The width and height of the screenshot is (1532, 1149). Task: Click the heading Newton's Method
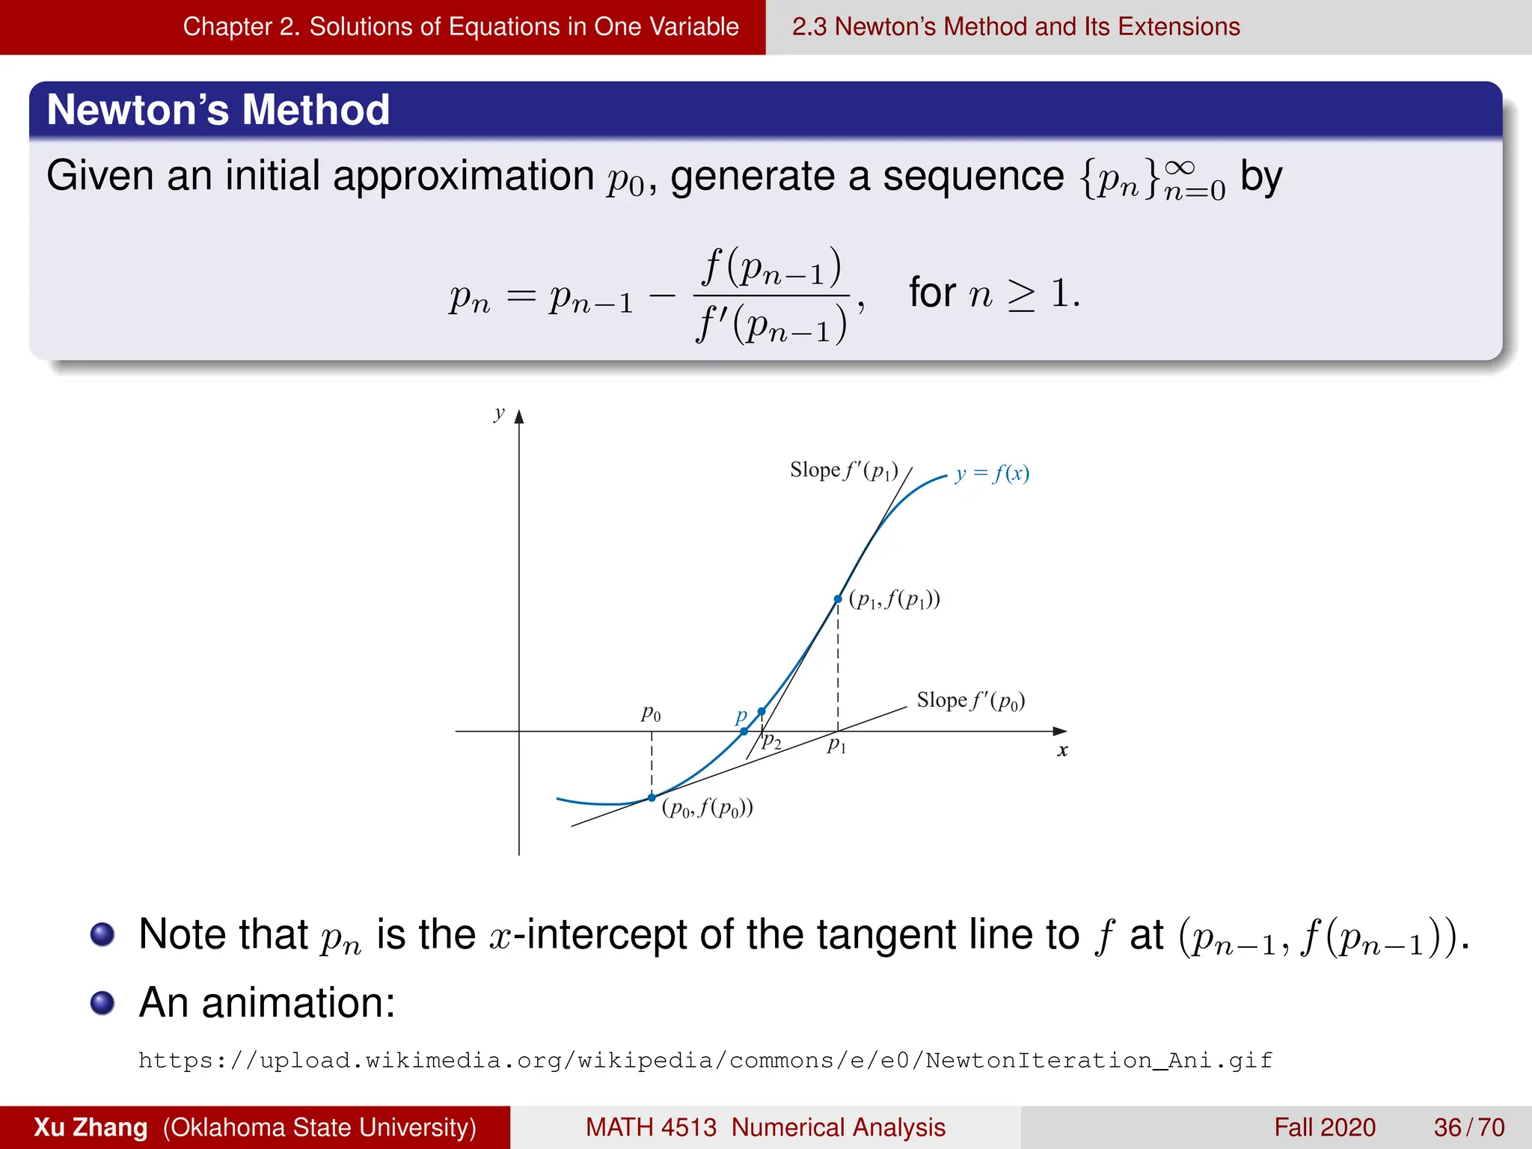pos(218,110)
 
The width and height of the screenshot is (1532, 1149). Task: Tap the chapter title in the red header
pos(460,27)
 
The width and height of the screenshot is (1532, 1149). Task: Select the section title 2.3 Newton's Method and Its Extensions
pos(1015,27)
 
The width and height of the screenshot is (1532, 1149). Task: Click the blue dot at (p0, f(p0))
pos(652,797)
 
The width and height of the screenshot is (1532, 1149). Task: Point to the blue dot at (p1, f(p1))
pos(838,599)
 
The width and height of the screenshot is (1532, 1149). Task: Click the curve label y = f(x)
pos(992,474)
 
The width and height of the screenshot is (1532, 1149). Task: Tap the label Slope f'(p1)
pos(844,471)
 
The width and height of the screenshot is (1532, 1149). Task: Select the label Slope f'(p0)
pos(970,701)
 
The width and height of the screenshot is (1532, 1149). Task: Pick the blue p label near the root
pos(741,716)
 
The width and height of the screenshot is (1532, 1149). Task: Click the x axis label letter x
pos(1062,750)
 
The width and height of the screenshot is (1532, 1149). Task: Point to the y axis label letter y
pos(499,414)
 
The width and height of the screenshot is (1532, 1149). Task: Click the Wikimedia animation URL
pos(705,1060)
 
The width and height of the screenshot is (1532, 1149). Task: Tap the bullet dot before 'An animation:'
pos(102,1002)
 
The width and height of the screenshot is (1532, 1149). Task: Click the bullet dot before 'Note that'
pos(102,934)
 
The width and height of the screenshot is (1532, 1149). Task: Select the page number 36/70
pos(1468,1127)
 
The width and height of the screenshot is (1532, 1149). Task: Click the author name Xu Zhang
pos(91,1127)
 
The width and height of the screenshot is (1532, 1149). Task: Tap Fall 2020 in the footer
pos(1324,1127)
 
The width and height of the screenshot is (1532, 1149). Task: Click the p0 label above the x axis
pos(651,714)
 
